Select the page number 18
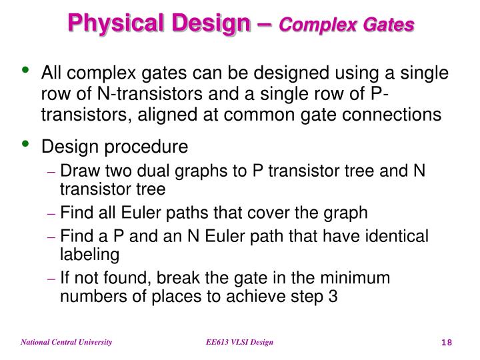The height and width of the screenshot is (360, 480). (x=447, y=343)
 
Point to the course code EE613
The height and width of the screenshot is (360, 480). (x=217, y=342)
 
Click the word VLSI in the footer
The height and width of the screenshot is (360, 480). (x=242, y=342)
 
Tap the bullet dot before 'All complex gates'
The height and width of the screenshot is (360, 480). (x=26, y=70)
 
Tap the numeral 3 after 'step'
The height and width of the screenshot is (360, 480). (x=332, y=295)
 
